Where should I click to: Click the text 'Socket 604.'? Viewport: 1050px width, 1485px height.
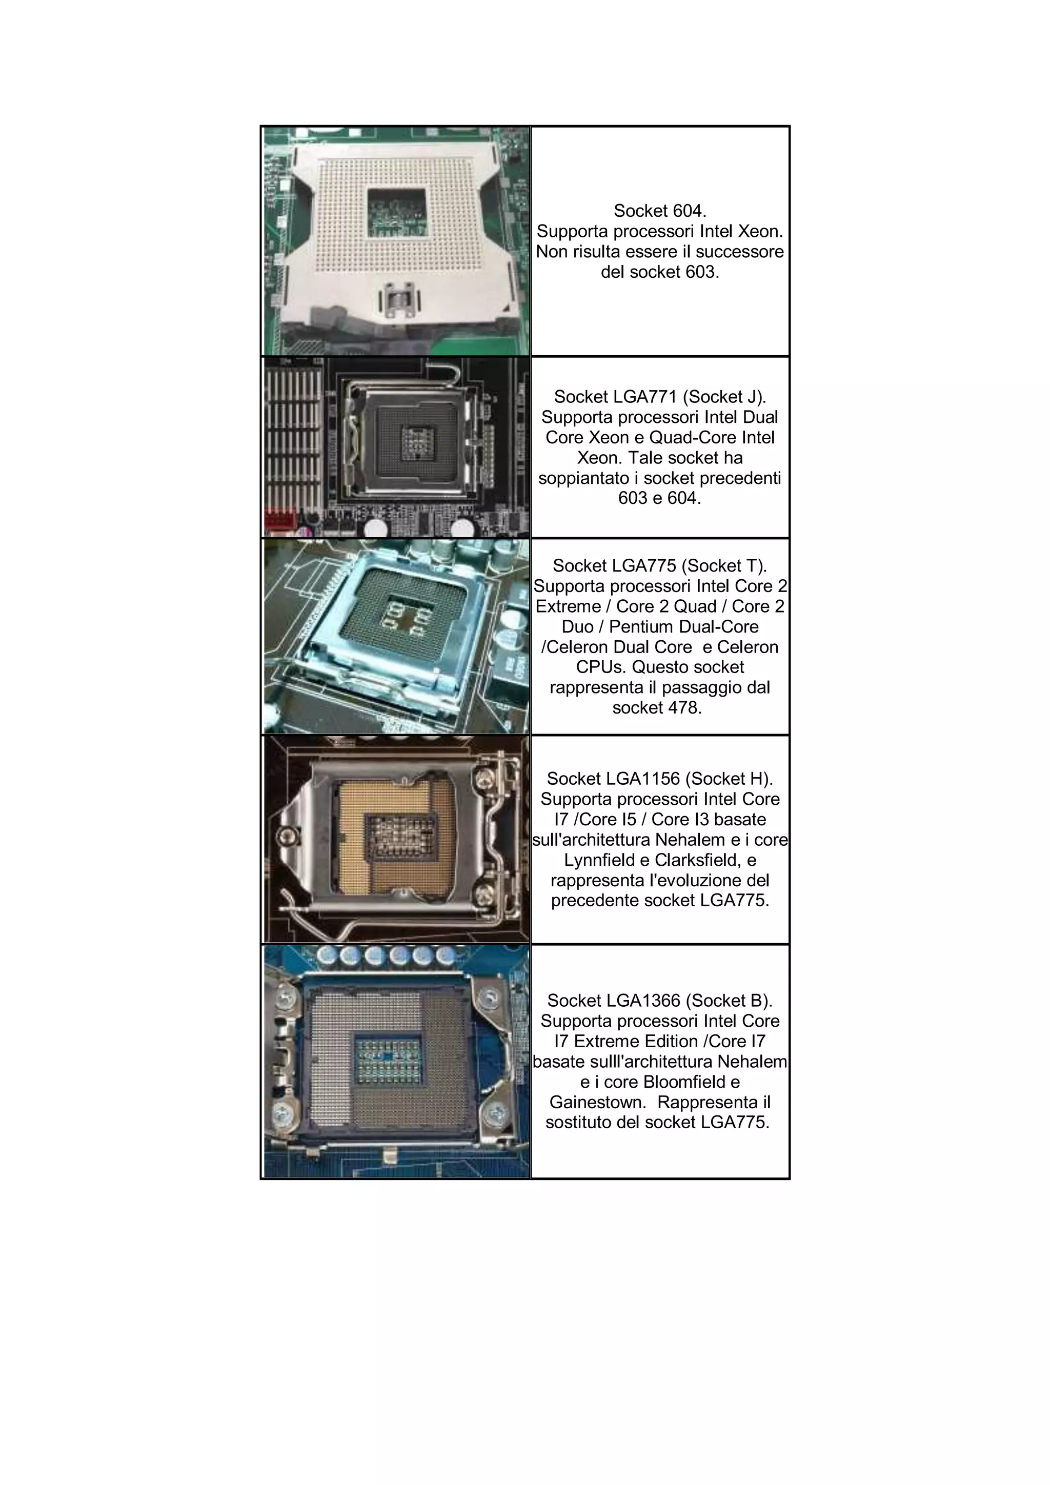point(659,211)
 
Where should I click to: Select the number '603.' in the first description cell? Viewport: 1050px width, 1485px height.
point(702,272)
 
